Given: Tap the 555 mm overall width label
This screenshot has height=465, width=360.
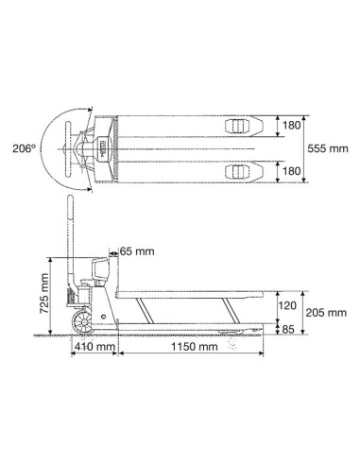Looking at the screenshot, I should click(x=327, y=148).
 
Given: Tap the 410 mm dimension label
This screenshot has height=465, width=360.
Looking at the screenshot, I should click(x=94, y=348).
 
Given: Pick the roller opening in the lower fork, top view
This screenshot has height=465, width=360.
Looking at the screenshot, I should click(x=234, y=171).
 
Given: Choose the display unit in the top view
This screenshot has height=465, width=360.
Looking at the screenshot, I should click(x=98, y=148).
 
